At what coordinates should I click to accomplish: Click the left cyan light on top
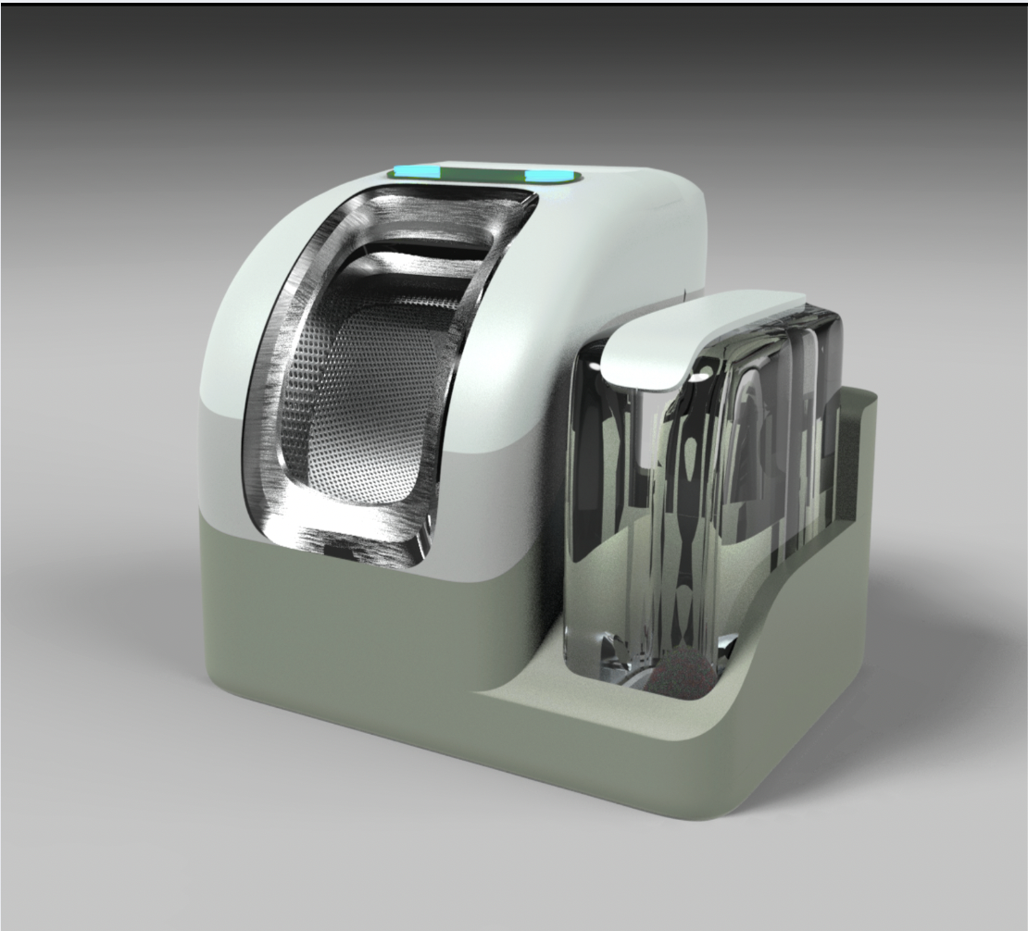(x=413, y=172)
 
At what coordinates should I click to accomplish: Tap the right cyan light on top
(x=549, y=175)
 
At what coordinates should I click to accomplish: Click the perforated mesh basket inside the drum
(x=370, y=407)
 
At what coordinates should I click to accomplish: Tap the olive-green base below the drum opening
(x=352, y=629)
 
